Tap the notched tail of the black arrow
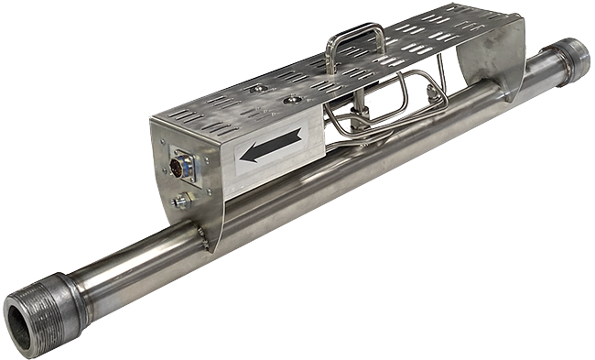pos(298,137)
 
